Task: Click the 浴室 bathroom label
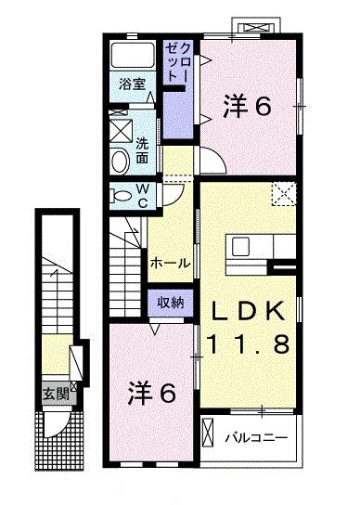pos(132,84)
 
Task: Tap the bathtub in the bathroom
pos(133,55)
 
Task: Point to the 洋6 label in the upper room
pos(247,108)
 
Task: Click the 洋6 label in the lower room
pos(151,393)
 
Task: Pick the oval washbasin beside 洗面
pos(120,161)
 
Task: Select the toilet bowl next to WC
pos(120,196)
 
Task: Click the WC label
pos(144,194)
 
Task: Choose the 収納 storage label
pos(170,303)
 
